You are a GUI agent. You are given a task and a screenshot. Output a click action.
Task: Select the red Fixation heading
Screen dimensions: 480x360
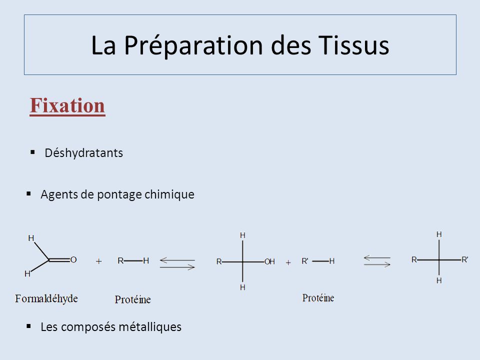tap(67, 105)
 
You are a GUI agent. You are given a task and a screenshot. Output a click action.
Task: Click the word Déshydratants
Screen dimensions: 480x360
tap(84, 153)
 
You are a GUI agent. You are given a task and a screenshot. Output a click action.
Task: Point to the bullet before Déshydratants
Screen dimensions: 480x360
tap(33, 152)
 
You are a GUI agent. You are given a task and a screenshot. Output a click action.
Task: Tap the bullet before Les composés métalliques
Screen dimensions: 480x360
tap(29, 326)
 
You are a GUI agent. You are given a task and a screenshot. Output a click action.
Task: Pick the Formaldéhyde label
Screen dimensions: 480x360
tap(46, 298)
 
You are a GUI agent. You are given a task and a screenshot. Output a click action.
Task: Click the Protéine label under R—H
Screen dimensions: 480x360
tap(132, 299)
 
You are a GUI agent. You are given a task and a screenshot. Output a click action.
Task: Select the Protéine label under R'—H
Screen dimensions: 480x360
tap(318, 298)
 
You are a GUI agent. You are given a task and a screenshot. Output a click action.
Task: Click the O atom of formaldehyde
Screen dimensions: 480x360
tap(73, 260)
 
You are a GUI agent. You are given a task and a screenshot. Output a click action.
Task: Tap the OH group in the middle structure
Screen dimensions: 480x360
tap(269, 261)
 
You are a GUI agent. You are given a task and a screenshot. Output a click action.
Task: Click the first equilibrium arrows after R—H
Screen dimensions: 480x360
tap(177, 263)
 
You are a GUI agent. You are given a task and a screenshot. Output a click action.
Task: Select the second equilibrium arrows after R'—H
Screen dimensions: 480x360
tap(377, 261)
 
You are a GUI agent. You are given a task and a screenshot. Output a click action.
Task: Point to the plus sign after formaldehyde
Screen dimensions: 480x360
tap(98, 261)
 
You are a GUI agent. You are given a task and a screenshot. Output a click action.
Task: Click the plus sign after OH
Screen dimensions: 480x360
tap(288, 262)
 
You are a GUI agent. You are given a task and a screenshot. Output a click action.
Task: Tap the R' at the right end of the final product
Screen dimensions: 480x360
tap(464, 260)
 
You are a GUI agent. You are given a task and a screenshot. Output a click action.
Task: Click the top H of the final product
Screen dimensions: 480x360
tap(439, 234)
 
